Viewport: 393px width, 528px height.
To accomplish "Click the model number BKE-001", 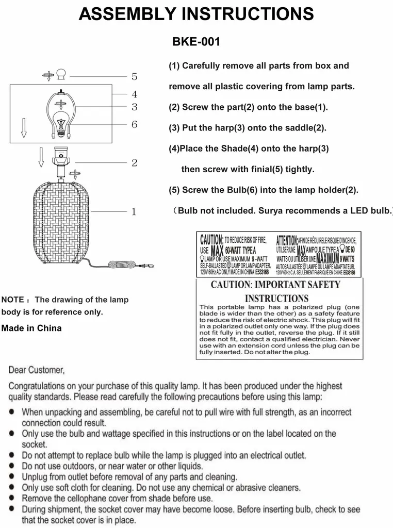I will pyautogui.click(x=196, y=42).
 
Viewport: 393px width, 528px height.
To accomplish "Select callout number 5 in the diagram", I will pyautogui.click(x=134, y=76).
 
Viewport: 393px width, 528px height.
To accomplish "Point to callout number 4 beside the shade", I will pyautogui.click(x=134, y=94).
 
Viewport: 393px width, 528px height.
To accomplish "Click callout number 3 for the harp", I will pyautogui.click(x=134, y=107).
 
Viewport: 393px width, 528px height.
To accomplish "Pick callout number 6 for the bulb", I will pyautogui.click(x=134, y=124).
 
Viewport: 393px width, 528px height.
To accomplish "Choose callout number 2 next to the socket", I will pyautogui.click(x=134, y=163).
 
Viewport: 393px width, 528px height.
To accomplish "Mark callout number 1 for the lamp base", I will pyautogui.click(x=134, y=211).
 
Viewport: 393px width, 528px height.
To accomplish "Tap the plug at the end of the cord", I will pyautogui.click(x=148, y=266).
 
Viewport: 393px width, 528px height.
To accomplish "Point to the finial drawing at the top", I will pyautogui.click(x=61, y=75).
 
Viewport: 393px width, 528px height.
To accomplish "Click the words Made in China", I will pyautogui.click(x=31, y=328).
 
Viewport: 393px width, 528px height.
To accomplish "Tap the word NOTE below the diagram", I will pyautogui.click(x=13, y=300).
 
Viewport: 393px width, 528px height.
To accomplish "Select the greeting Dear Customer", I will pyautogui.click(x=37, y=370).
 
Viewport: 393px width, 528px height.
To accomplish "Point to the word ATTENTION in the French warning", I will pyautogui.click(x=287, y=240).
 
